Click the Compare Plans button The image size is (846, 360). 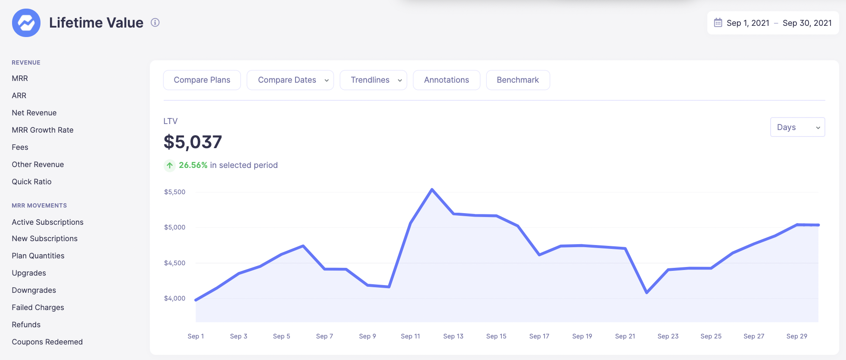click(x=202, y=80)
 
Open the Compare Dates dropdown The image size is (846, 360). click(x=290, y=80)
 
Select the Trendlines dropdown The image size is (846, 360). click(x=373, y=80)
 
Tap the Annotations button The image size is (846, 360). click(x=446, y=80)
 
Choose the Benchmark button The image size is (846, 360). click(x=518, y=80)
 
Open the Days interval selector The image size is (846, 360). click(x=797, y=127)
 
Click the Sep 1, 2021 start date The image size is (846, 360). click(x=747, y=23)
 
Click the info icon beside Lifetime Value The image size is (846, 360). click(x=155, y=22)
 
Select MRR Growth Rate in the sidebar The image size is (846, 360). click(x=43, y=130)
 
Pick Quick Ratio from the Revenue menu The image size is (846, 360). click(x=31, y=182)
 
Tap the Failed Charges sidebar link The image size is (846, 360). click(x=38, y=307)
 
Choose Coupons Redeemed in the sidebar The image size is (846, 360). click(x=47, y=342)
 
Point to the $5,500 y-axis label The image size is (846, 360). click(x=174, y=192)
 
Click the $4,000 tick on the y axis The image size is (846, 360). click(x=174, y=298)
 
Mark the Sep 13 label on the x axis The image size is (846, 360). click(x=453, y=336)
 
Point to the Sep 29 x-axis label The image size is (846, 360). click(x=796, y=336)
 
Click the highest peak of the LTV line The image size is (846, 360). click(x=432, y=189)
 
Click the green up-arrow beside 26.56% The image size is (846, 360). click(x=170, y=165)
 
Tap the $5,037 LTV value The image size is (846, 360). click(x=193, y=142)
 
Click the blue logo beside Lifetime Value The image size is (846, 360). click(x=26, y=23)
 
